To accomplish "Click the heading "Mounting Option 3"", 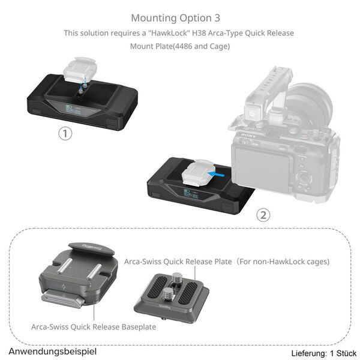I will [180, 17].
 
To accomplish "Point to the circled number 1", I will [65, 134].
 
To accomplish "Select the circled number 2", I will [263, 215].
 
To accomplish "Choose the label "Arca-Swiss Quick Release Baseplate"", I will [94, 327].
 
